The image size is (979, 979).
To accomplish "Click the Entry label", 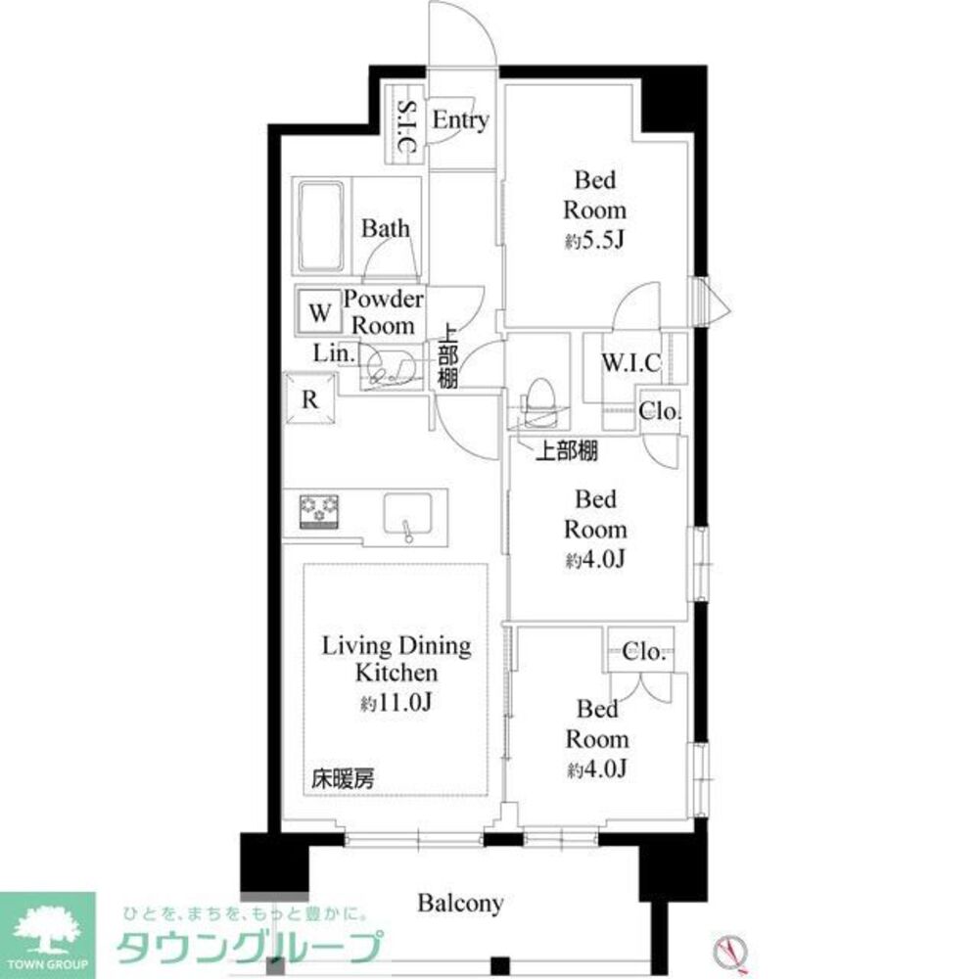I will point(460,120).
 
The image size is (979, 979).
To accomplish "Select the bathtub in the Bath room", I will point(321,228).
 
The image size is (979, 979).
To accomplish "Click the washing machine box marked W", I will point(317,314).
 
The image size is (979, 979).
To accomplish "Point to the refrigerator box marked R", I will point(309,399).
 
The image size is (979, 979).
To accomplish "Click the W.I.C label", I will point(630,364).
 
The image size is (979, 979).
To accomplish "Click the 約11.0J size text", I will point(396,703).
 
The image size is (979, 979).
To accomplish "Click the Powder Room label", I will point(384,312).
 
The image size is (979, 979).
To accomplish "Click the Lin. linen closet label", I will point(335,353).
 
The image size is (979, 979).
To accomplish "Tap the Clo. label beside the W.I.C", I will point(660,412).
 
